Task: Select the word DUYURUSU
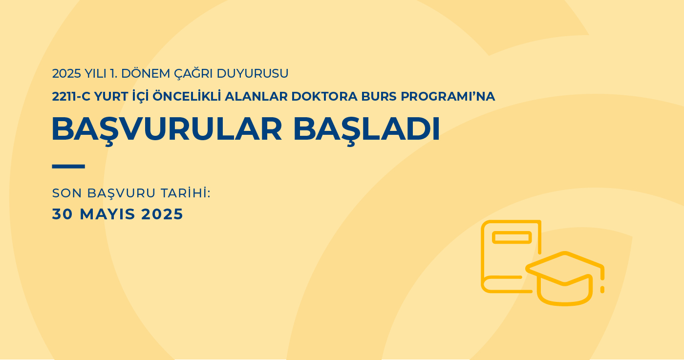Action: pyautogui.click(x=253, y=74)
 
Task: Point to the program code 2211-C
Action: pyautogui.click(x=71, y=97)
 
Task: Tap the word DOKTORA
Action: pyautogui.click(x=324, y=97)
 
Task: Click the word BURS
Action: pyautogui.click(x=379, y=97)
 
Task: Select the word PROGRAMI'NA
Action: pyautogui.click(x=448, y=97)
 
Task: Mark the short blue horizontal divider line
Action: pyautogui.click(x=68, y=167)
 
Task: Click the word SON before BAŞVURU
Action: pyautogui.click(x=67, y=193)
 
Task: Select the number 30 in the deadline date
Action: pyautogui.click(x=63, y=214)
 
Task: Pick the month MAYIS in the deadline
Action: pyautogui.click(x=107, y=214)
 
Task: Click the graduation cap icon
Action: pyautogui.click(x=565, y=278)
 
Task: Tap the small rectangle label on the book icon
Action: pyautogui.click(x=512, y=237)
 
